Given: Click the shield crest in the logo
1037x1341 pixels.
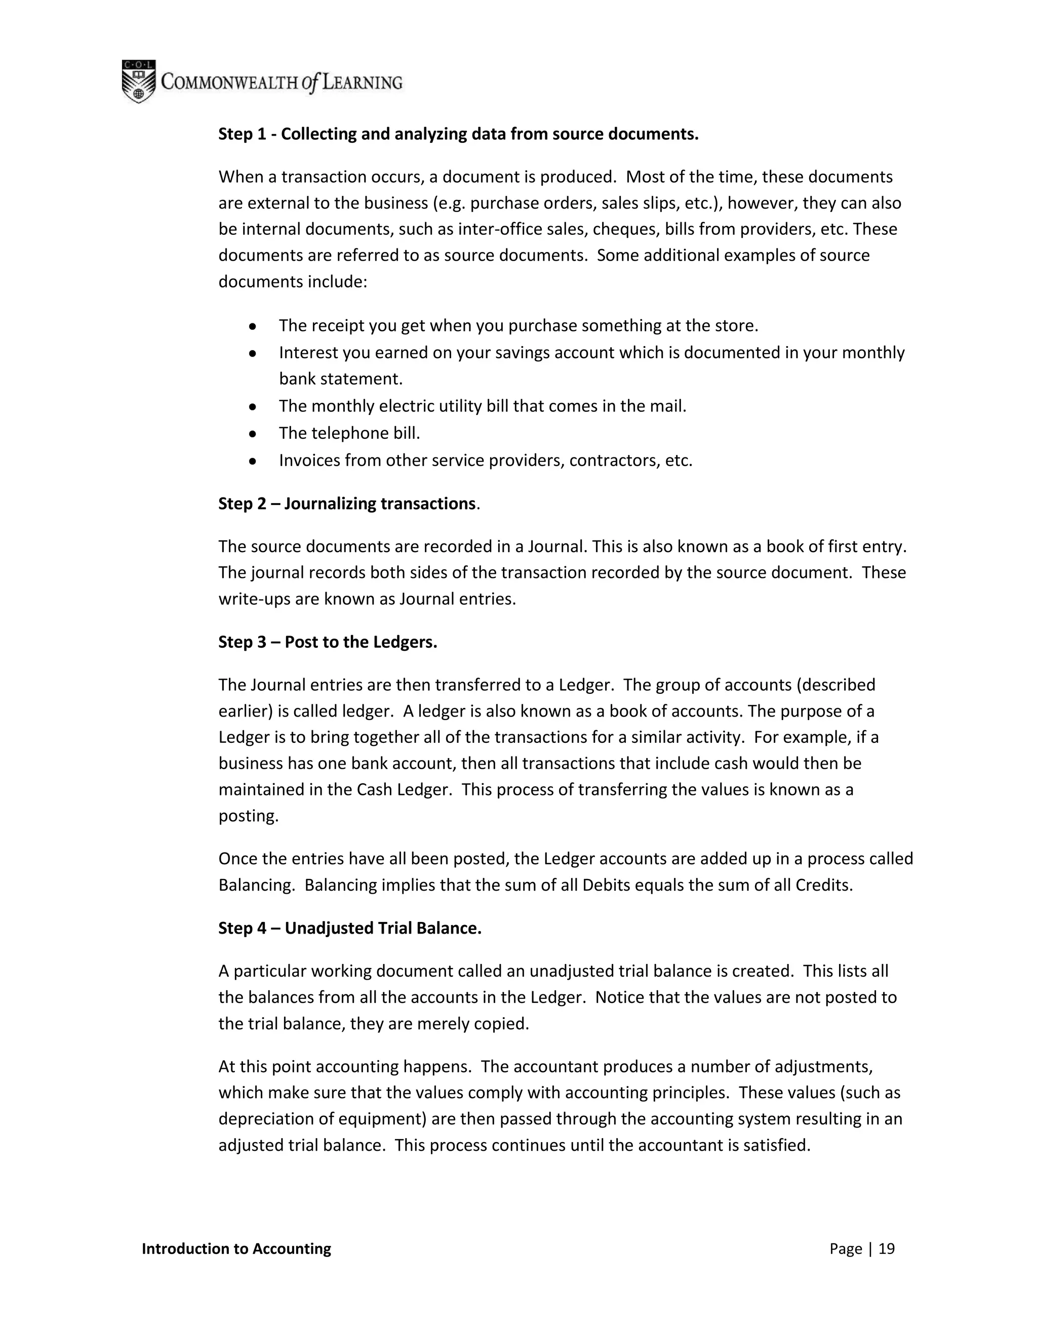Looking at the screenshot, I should [x=138, y=81].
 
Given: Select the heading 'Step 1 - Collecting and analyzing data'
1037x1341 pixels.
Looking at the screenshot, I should [x=458, y=134].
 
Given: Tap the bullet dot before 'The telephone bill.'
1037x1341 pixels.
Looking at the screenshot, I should [x=253, y=434].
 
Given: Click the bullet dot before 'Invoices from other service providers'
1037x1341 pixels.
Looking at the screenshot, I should [x=253, y=460].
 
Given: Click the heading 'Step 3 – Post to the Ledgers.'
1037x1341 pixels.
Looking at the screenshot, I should [x=328, y=642].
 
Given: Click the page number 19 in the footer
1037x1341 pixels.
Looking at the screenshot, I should [x=887, y=1249].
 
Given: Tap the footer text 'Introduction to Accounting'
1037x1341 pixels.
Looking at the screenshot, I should [x=236, y=1249].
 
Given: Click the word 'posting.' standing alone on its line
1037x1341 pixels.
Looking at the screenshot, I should [x=249, y=816].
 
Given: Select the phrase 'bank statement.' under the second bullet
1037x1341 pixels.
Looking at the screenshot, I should [x=340, y=379].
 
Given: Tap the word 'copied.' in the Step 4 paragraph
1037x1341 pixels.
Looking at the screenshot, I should [x=501, y=1024].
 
